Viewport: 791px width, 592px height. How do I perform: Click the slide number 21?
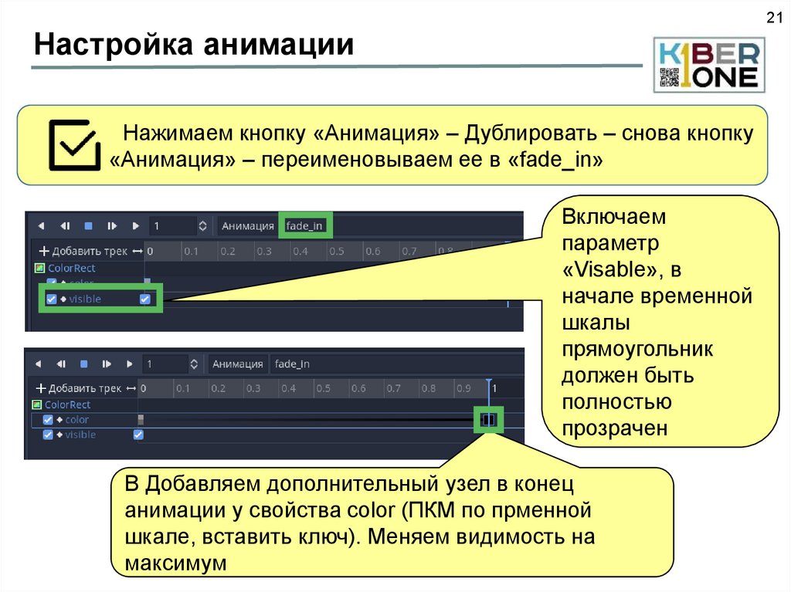[773, 19]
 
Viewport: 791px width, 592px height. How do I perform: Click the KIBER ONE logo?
[709, 65]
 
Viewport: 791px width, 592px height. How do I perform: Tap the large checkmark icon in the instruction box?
[73, 144]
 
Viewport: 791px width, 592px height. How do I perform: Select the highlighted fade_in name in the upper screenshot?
[304, 226]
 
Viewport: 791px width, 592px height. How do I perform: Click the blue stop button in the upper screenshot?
[88, 226]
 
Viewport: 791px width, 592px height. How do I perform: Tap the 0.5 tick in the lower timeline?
[323, 388]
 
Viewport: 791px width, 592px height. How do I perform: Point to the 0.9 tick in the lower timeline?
[463, 388]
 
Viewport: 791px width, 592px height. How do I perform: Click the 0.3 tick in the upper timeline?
[263, 252]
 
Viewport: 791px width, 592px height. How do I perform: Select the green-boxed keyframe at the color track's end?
[488, 420]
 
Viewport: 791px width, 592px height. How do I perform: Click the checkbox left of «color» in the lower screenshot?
[48, 420]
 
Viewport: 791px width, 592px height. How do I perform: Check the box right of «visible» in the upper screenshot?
[145, 299]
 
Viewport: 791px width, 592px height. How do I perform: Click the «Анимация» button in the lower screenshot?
[238, 364]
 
